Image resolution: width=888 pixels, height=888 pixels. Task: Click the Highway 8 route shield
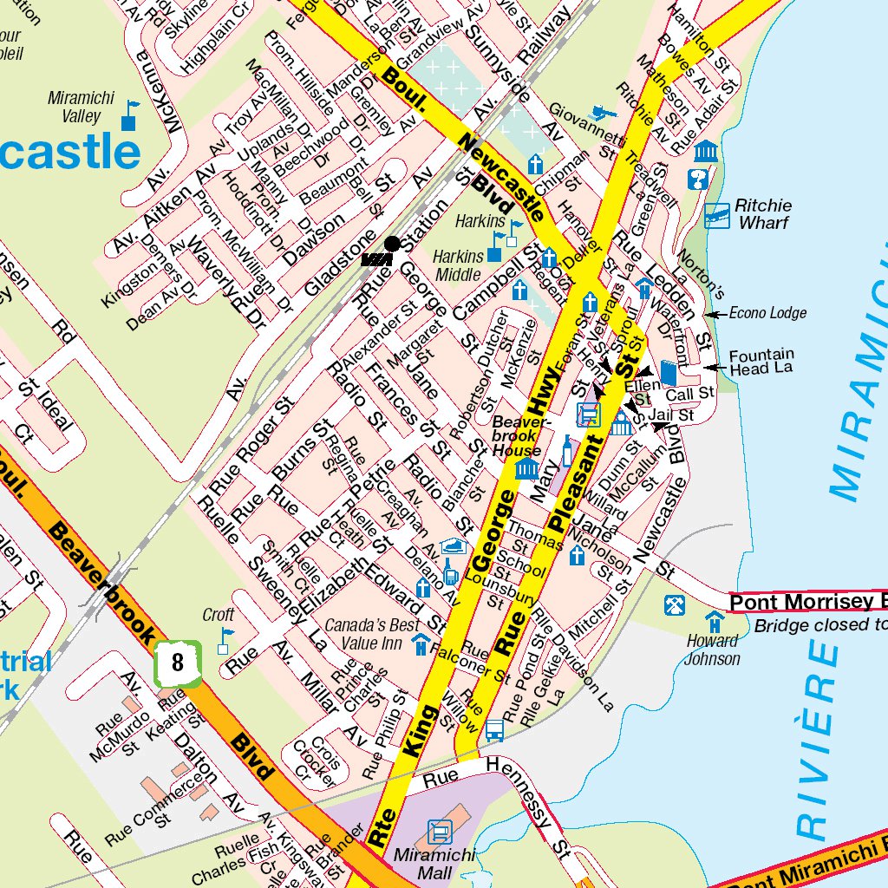[x=178, y=663]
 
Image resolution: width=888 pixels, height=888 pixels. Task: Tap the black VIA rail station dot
[x=392, y=244]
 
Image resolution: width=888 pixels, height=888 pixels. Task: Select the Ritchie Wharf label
[x=762, y=214]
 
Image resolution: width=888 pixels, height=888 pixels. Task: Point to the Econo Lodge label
[x=767, y=313]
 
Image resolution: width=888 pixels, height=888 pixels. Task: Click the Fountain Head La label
[x=761, y=362]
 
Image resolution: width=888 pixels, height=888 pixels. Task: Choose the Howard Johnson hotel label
[x=713, y=650]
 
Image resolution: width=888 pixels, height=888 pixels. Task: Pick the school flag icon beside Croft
[x=225, y=640]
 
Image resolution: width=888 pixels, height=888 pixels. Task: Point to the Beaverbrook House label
[x=518, y=436]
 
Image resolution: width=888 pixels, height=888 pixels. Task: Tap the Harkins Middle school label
[x=459, y=265]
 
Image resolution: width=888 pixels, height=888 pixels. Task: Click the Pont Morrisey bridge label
[x=806, y=602]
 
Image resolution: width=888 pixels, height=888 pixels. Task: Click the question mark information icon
[x=696, y=180]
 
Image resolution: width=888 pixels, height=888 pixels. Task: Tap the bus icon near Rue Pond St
[x=494, y=730]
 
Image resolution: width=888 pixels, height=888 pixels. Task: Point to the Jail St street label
[x=670, y=416]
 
